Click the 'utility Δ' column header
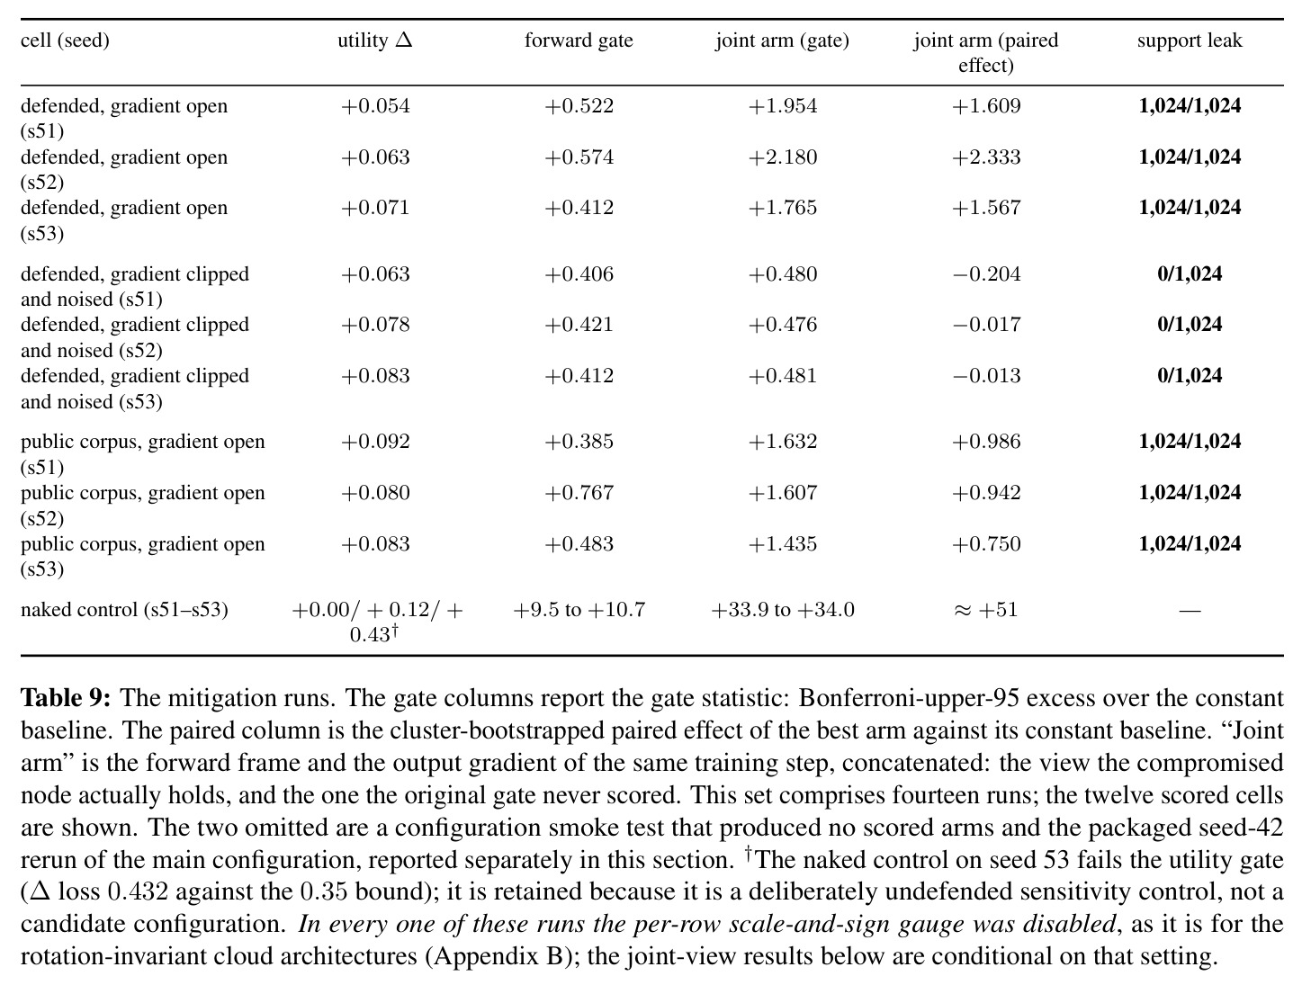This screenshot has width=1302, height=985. tap(374, 40)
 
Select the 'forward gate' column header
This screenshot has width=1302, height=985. tap(579, 40)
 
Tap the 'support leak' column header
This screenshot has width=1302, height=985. tap(1190, 40)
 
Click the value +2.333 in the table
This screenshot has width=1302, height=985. tap(986, 157)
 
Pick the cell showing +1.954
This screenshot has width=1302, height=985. tap(783, 106)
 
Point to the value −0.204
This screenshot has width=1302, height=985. tap(986, 274)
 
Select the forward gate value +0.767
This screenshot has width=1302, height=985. tap(579, 493)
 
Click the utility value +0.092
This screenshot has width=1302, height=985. tap(375, 442)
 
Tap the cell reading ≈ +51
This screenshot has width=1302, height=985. tap(986, 610)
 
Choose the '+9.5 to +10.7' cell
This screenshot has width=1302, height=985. tap(579, 610)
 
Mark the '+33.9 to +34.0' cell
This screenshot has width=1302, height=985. tap(783, 610)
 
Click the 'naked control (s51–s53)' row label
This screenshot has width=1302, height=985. tap(124, 610)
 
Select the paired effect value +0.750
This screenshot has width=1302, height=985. tap(986, 544)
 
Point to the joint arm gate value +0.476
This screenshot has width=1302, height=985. tap(783, 325)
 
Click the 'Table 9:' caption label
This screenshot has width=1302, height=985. tap(66, 698)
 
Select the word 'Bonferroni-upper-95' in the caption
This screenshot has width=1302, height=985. tap(908, 699)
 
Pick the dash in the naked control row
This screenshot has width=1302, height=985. tap(1190, 610)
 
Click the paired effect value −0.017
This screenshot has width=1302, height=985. tap(986, 325)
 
